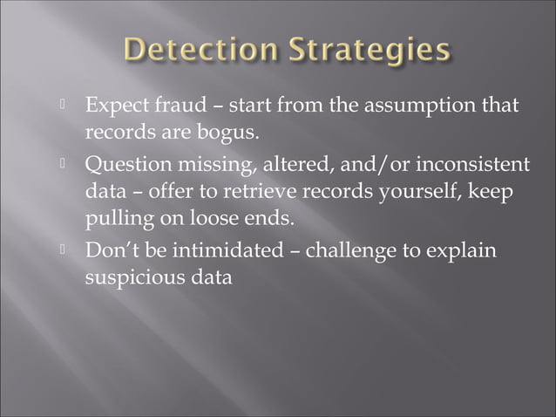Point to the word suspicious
point(132,278)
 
